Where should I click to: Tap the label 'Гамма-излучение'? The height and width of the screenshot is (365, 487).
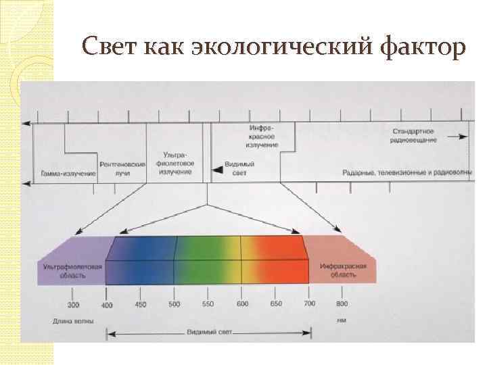(x=68, y=174)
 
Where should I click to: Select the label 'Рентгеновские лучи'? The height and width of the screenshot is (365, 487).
(x=122, y=169)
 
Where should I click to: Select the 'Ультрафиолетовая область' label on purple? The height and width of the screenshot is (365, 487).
(x=72, y=271)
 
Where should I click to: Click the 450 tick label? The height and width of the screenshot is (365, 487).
(x=140, y=305)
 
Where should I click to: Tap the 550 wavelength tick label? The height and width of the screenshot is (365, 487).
(x=208, y=305)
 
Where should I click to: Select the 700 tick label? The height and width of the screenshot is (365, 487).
(x=309, y=305)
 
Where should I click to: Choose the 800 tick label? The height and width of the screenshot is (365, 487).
(x=342, y=305)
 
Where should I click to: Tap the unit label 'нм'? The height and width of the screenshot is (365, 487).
(x=342, y=320)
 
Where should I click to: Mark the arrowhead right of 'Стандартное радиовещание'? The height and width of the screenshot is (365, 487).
(x=464, y=136)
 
